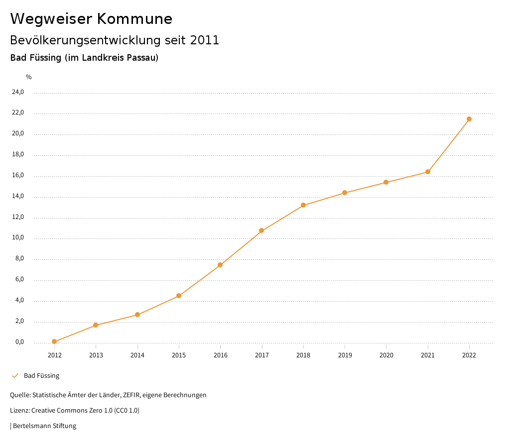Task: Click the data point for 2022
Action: pyautogui.click(x=469, y=119)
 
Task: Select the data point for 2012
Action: pyautogui.click(x=54, y=341)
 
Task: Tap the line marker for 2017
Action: pyautogui.click(x=261, y=230)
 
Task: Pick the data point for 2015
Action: pyautogui.click(x=179, y=296)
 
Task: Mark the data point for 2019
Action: pyautogui.click(x=345, y=193)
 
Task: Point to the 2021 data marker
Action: pyautogui.click(x=428, y=172)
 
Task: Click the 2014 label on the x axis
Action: pyautogui.click(x=137, y=355)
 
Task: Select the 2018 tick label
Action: pyautogui.click(x=303, y=355)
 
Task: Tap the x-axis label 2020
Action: pyautogui.click(x=386, y=355)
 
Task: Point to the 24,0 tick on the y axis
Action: pyautogui.click(x=18, y=92)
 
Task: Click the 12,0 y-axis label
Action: pyautogui.click(x=18, y=217)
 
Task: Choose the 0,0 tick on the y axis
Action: pyautogui.click(x=19, y=342)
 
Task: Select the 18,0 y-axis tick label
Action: pyautogui.click(x=18, y=155)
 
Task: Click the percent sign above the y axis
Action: pyautogui.click(x=29, y=77)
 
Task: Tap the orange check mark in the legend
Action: pyautogui.click(x=15, y=376)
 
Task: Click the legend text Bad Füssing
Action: pyautogui.click(x=41, y=376)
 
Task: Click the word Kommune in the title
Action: pyautogui.click(x=134, y=19)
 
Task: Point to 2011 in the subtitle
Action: pyautogui.click(x=205, y=40)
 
